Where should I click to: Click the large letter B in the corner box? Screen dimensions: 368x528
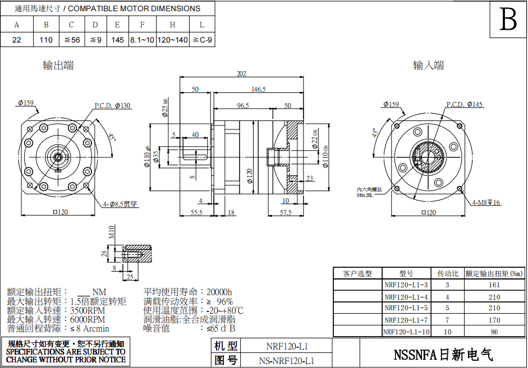point(508,21)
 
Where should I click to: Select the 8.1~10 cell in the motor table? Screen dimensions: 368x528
point(142,40)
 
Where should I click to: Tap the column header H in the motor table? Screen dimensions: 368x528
point(172,25)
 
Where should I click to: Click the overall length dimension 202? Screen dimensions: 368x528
point(242,74)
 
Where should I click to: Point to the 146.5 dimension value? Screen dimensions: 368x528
point(259,89)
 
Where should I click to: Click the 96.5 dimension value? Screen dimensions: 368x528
point(243,105)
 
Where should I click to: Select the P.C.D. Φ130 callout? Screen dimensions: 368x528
point(112,105)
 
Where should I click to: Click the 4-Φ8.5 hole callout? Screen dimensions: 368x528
point(120,204)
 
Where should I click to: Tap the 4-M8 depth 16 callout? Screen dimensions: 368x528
point(486,202)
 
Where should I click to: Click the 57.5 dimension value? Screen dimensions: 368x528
point(286,213)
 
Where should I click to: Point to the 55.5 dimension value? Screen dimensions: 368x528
point(196,213)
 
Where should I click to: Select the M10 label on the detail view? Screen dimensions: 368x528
point(111,232)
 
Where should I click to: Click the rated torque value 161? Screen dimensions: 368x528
point(494,285)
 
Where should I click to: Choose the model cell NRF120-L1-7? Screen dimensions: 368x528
point(406,320)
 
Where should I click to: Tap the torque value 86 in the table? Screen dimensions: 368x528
point(494,332)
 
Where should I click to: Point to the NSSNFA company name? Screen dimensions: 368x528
point(443,355)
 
